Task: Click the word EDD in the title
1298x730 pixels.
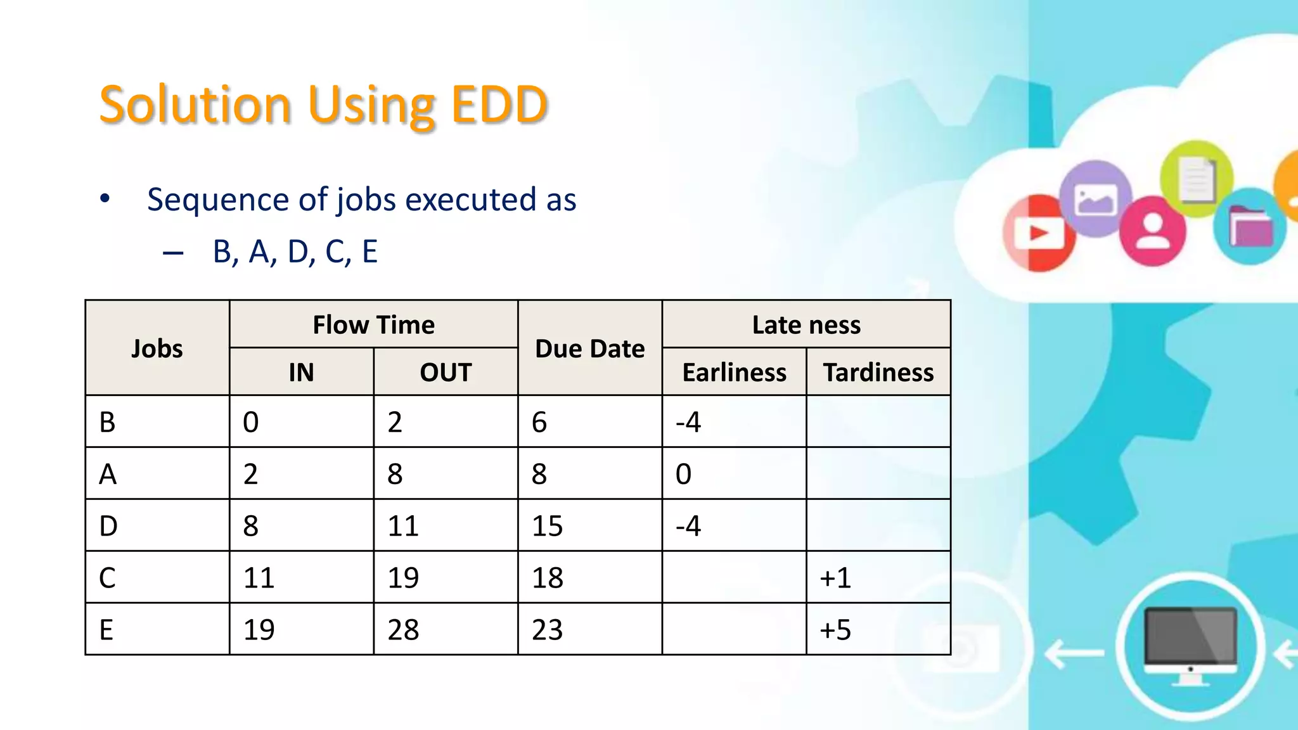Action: click(499, 105)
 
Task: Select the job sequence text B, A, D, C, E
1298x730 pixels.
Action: click(295, 252)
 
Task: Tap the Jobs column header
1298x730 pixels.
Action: click(157, 349)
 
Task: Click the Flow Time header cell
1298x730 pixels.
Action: click(374, 325)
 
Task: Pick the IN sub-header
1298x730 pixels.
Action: click(301, 373)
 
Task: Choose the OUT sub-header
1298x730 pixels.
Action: click(446, 373)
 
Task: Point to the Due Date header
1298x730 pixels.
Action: click(590, 349)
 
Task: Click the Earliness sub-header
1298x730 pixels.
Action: click(734, 373)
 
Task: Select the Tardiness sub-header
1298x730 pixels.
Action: click(878, 373)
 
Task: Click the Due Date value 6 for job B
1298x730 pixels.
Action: click(539, 423)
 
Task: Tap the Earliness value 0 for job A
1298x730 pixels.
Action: click(683, 475)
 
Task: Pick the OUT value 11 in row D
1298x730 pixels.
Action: click(403, 526)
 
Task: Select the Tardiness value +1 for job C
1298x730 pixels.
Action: click(835, 578)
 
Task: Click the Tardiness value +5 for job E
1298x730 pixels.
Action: click(835, 630)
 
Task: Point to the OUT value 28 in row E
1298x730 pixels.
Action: click(403, 630)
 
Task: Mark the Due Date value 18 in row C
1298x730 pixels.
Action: click(548, 578)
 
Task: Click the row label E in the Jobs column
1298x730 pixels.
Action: click(106, 630)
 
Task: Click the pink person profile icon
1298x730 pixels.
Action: click(1152, 231)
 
